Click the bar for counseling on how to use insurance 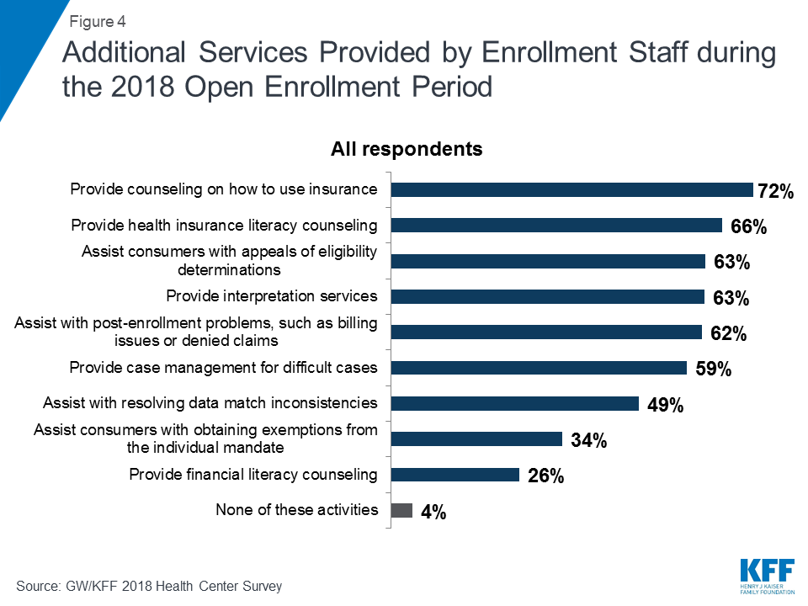point(572,190)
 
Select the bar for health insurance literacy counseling point(557,226)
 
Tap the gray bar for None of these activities point(402,510)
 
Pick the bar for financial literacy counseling point(455,475)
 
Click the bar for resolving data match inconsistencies point(515,403)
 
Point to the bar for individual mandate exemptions point(477,439)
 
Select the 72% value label point(775,192)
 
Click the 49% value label point(665,405)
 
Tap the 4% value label point(433,512)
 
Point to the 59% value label point(712,369)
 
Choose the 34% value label point(587,440)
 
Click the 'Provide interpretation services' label point(271,296)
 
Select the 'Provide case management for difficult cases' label point(223,368)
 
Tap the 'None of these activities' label point(296,510)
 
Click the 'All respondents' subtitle point(407,150)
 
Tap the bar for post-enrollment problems point(547,332)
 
